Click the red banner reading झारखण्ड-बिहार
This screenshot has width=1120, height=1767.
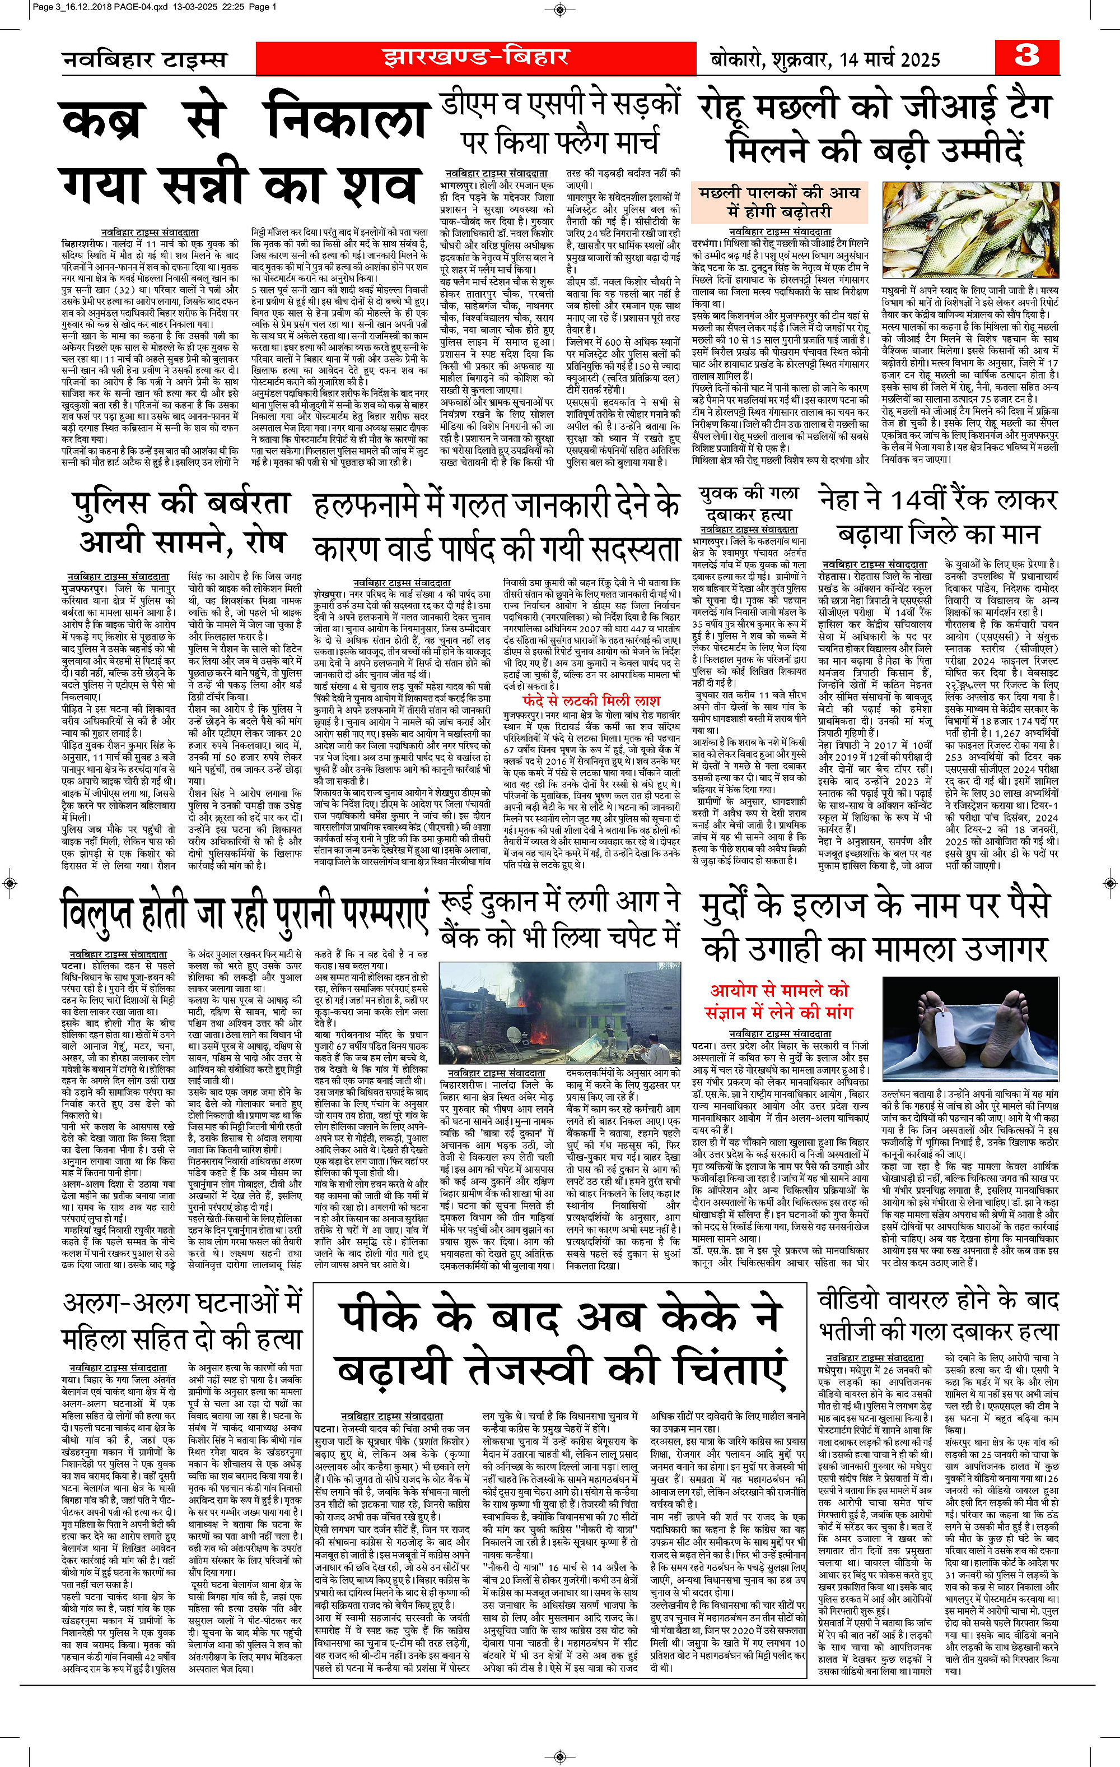pyautogui.click(x=475, y=57)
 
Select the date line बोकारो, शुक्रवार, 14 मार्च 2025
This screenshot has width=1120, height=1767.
pyautogui.click(x=824, y=59)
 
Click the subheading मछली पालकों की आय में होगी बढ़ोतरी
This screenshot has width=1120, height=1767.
pyautogui.click(x=779, y=202)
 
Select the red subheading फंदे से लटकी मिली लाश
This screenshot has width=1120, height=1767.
pyautogui.click(x=591, y=700)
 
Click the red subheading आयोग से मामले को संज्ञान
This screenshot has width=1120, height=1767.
pyautogui.click(x=779, y=1001)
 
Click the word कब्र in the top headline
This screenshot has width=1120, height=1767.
pyautogui.click(x=101, y=121)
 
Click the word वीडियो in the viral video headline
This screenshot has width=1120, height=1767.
pyautogui.click(x=848, y=1300)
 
